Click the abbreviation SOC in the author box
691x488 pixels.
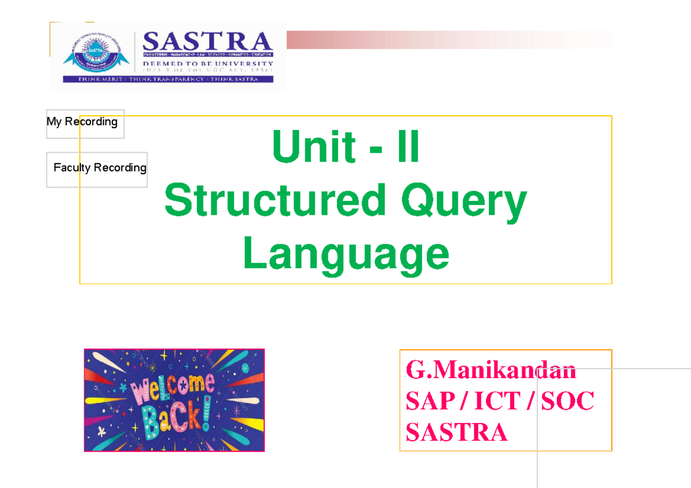click(x=567, y=401)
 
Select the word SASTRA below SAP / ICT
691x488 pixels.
click(x=456, y=432)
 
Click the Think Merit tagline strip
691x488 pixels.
click(x=168, y=79)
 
